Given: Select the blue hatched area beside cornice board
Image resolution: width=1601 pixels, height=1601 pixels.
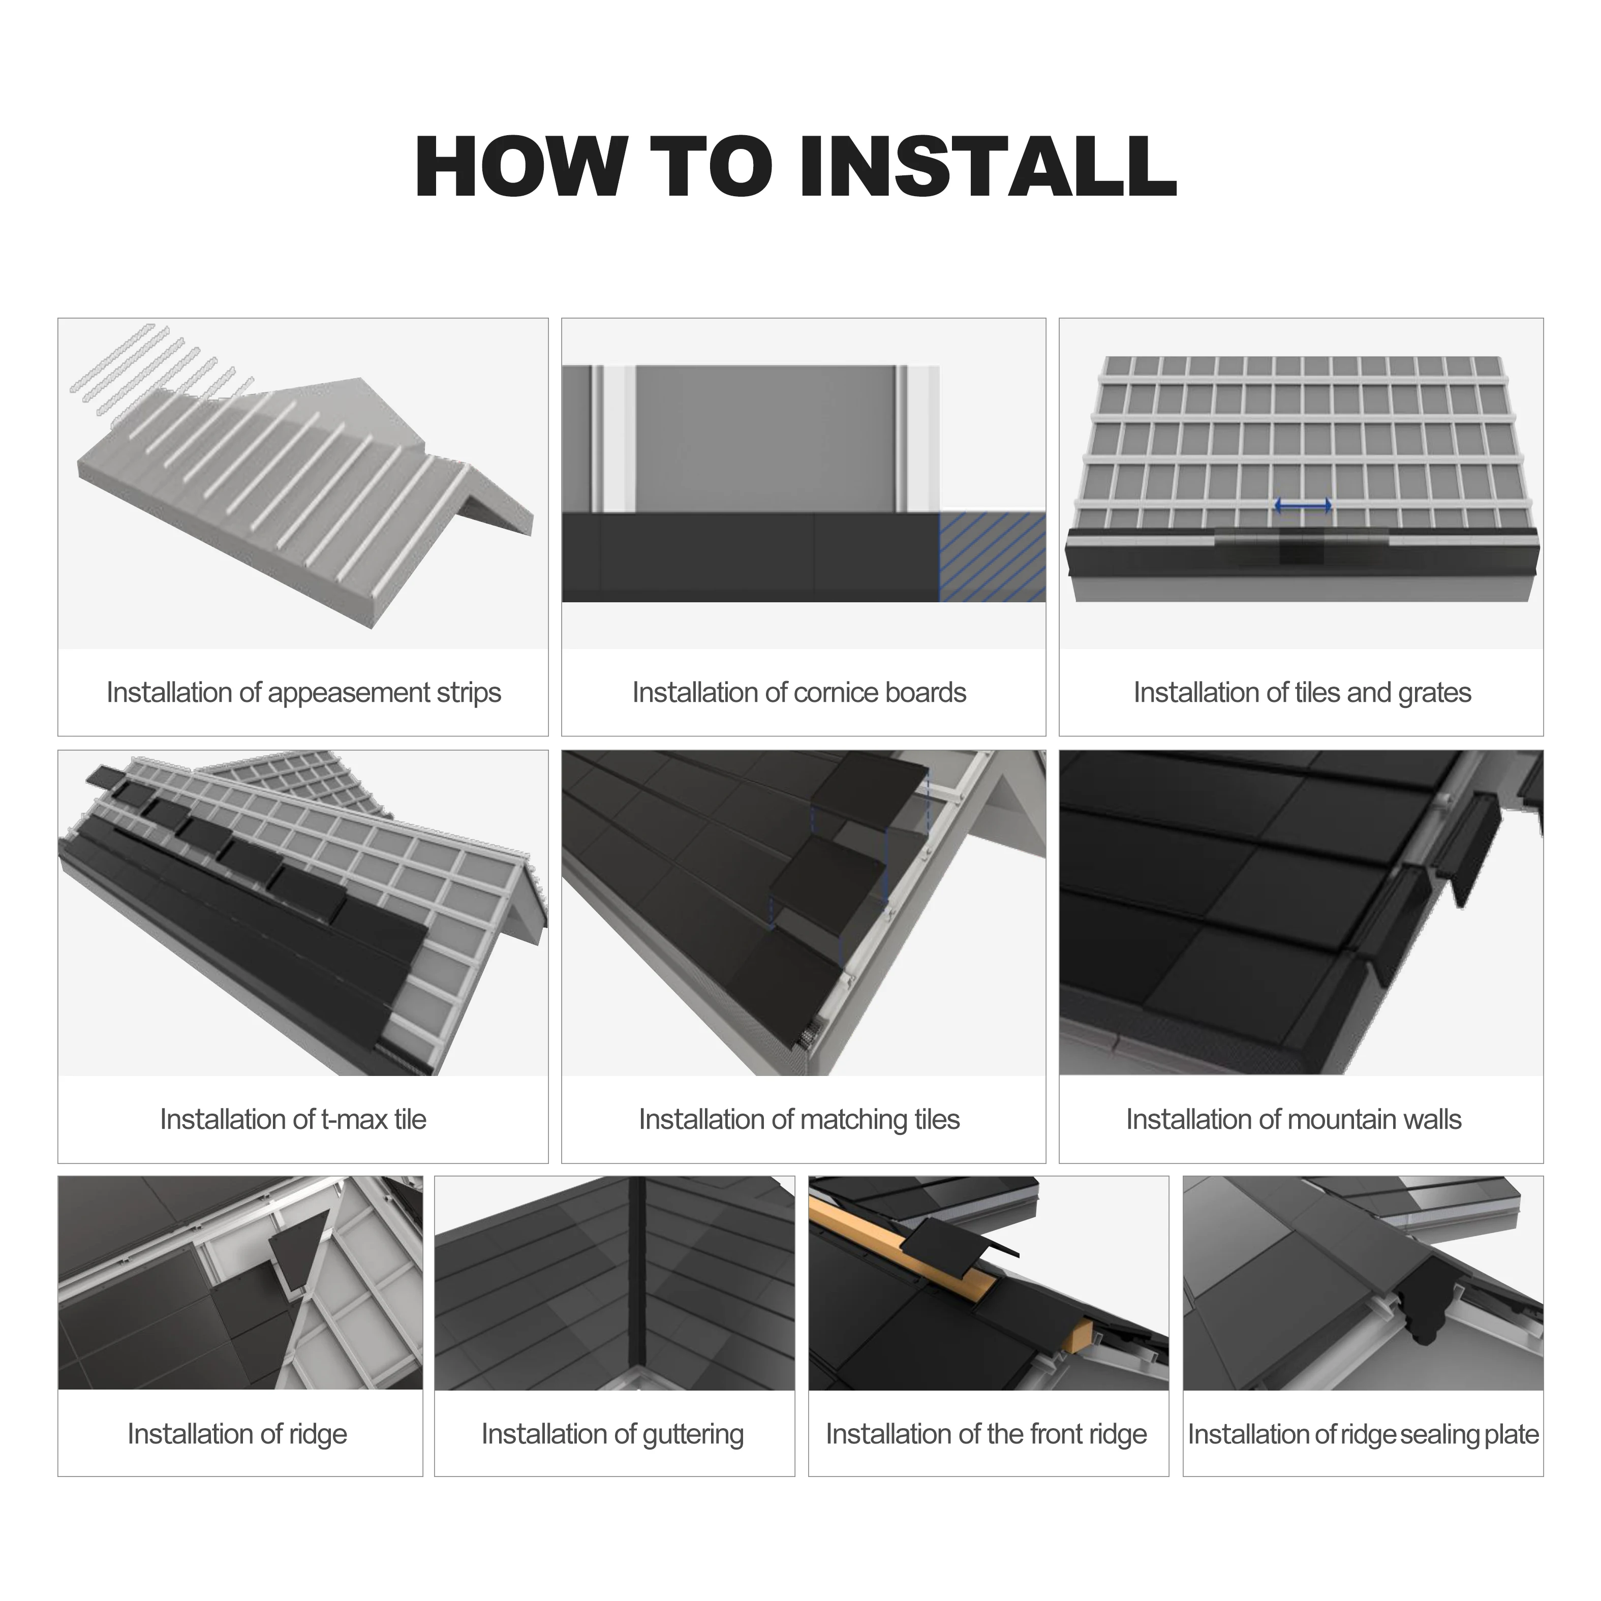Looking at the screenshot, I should click(992, 557).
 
